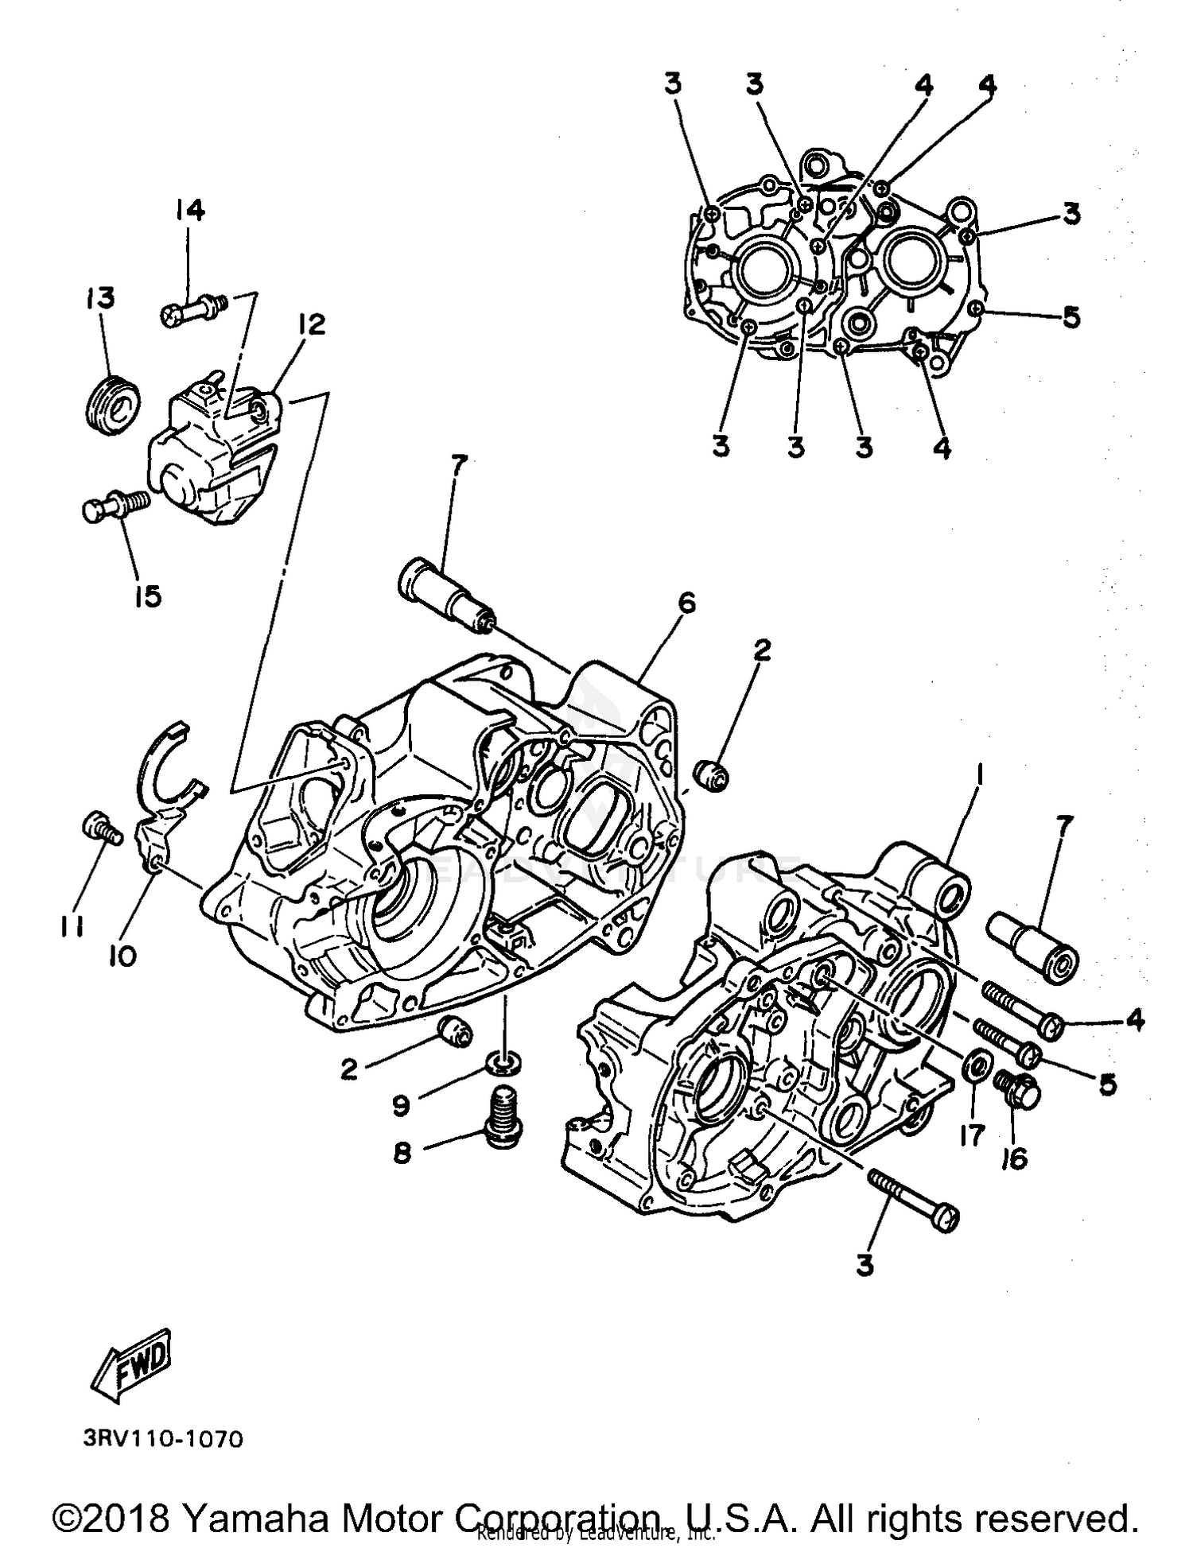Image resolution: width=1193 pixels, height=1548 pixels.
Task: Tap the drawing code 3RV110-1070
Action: (162, 1439)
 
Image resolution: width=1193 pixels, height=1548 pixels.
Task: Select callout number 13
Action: (100, 298)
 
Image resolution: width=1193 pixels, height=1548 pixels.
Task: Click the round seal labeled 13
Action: (113, 405)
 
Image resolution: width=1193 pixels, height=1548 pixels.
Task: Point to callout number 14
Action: (189, 211)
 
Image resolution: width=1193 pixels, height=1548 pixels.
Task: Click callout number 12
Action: (312, 324)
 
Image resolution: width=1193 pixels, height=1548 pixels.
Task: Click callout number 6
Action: (686, 604)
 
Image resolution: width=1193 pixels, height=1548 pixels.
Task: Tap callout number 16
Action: (1015, 1159)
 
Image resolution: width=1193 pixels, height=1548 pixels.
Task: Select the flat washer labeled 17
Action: (976, 1065)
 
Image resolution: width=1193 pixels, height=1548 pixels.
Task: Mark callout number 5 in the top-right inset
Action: (1071, 317)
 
